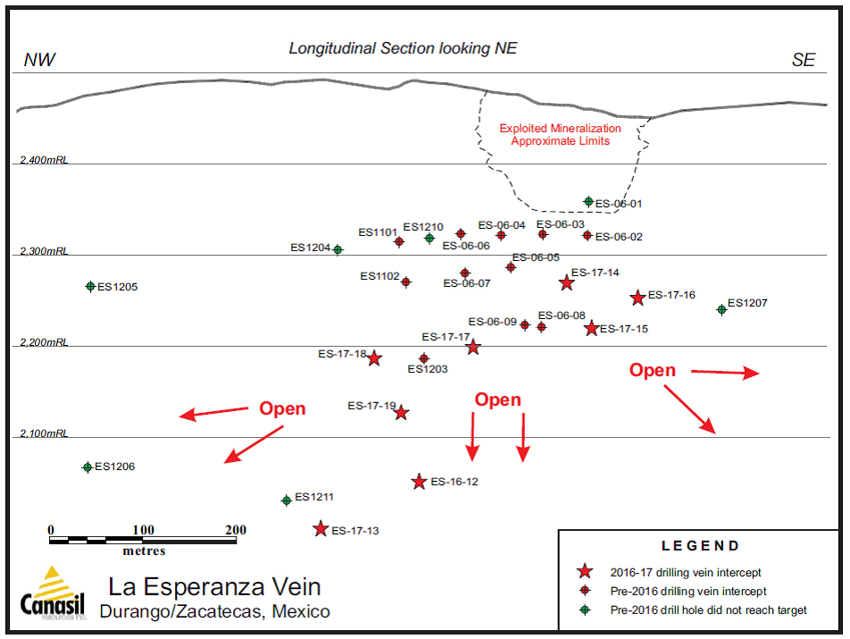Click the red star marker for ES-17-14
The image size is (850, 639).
[x=566, y=282]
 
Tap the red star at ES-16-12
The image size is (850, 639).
[x=419, y=482]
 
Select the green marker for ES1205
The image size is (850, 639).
[x=90, y=286]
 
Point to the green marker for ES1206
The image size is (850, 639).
[x=87, y=467]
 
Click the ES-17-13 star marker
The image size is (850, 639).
[x=321, y=529]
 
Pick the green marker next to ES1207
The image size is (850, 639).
[x=721, y=309]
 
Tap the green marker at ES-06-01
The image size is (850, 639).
[x=588, y=202]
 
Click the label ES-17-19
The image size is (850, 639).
[x=371, y=406]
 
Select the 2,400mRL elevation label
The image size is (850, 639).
[x=44, y=160]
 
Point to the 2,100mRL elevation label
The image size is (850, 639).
[x=44, y=433]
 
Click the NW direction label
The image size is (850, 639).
[x=39, y=60]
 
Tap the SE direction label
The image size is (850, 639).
[x=803, y=60]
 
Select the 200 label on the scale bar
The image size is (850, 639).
[x=235, y=530]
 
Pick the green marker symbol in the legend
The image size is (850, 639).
[x=585, y=610]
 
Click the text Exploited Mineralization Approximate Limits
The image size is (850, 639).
[x=560, y=135]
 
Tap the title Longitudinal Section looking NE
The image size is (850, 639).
[x=403, y=48]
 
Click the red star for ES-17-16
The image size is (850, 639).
[x=637, y=298]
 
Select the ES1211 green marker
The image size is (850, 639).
[x=287, y=500]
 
